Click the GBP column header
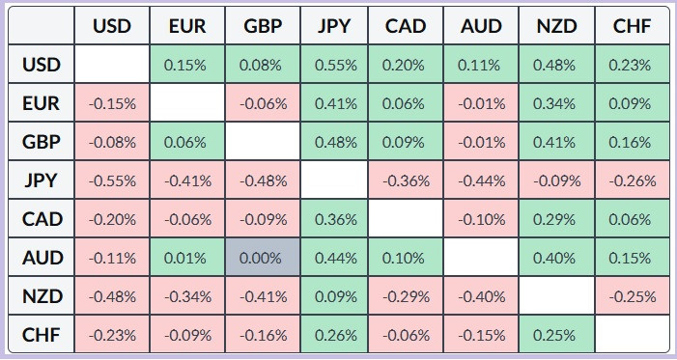263,25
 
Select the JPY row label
41,180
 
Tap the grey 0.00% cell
263,258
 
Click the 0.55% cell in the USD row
334,64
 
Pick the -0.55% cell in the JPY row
112,180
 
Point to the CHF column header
633,25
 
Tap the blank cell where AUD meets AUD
481,258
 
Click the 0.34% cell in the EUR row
557,102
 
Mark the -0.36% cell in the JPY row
406,180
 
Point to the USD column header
112,25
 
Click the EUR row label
41,102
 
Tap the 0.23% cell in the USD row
633,64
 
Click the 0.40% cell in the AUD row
557,258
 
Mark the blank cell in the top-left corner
41,25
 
